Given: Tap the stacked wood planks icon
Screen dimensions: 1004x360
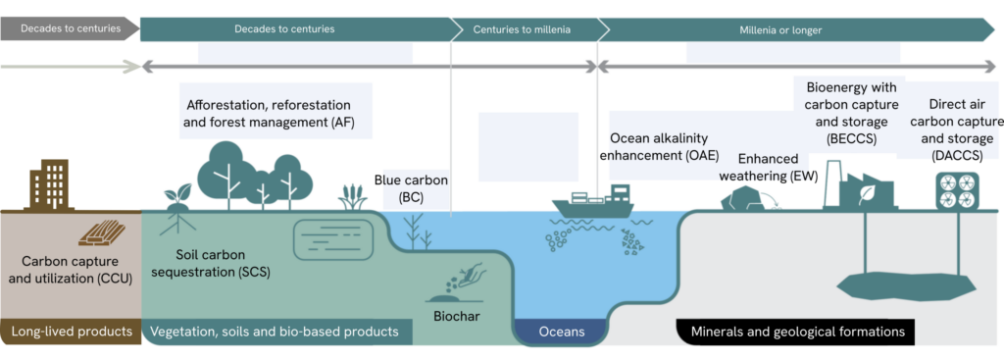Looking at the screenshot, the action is tap(101, 233).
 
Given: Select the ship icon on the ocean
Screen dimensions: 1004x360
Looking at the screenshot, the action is tap(593, 201).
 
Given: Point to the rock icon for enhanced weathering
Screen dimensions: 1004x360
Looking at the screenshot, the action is tap(741, 199).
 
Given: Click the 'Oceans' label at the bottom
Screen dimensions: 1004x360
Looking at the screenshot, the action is tap(562, 332).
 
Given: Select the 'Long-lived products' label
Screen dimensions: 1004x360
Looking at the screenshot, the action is tap(71, 332).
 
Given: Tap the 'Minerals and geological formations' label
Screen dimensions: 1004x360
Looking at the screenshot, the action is tap(797, 332).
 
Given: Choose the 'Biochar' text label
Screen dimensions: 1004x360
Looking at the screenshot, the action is tap(457, 316).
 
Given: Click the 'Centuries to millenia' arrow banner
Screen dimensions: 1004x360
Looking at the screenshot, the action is tap(522, 29).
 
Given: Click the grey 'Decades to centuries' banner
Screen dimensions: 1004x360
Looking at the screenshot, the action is tap(70, 28).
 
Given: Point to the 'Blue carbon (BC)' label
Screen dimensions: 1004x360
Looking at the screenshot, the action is tap(411, 188).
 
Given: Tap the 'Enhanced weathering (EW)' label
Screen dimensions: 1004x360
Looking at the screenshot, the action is tap(778, 169).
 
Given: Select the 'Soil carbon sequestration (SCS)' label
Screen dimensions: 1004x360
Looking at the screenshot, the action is tap(221, 263).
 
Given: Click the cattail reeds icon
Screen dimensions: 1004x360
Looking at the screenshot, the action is tap(352, 197).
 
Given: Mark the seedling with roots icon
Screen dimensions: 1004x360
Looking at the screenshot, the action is tap(176, 210).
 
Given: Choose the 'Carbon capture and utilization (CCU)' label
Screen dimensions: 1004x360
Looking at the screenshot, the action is tap(73, 270).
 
